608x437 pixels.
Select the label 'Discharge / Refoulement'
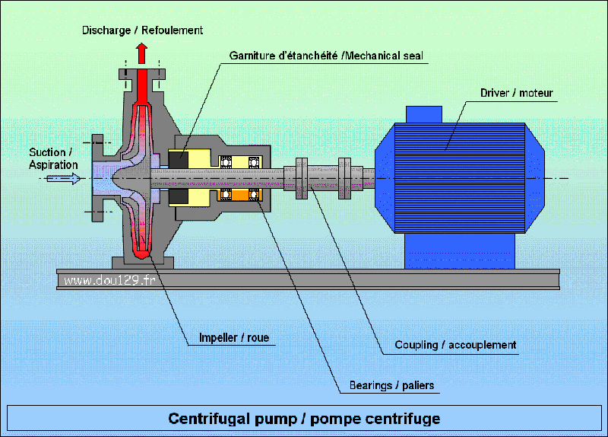point(142,30)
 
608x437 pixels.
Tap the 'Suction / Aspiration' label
point(53,158)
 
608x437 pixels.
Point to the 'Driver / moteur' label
point(516,94)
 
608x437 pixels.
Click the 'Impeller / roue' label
point(233,337)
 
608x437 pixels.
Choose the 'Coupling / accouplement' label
point(455,345)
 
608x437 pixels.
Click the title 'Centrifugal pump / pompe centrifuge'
point(304,419)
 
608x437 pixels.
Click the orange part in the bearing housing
point(242,196)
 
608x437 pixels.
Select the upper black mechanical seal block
point(179,160)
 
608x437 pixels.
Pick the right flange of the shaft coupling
point(344,178)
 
